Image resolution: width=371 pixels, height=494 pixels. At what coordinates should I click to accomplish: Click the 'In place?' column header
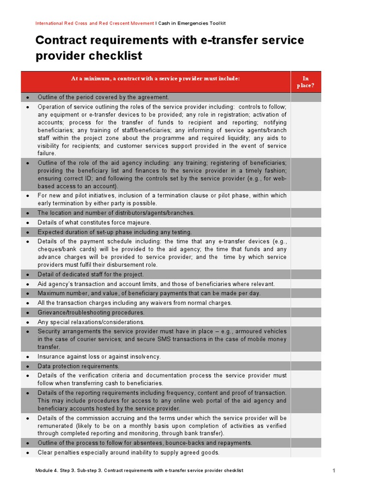305,82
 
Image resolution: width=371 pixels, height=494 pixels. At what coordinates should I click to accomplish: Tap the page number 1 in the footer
334,470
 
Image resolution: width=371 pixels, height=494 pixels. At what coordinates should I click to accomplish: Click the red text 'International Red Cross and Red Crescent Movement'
95,23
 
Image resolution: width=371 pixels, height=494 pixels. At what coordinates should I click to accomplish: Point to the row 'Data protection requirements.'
78,366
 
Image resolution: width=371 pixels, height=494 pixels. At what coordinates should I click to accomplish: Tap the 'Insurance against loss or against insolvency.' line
99,357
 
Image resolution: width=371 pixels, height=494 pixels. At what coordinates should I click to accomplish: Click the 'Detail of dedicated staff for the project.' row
91,274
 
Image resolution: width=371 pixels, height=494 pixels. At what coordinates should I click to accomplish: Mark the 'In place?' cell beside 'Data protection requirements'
305,366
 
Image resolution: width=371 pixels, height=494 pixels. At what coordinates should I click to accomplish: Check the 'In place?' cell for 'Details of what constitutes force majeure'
305,222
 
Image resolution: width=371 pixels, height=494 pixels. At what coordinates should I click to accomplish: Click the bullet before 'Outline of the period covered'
28,97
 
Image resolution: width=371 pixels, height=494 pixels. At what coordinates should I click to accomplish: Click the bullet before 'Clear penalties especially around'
28,453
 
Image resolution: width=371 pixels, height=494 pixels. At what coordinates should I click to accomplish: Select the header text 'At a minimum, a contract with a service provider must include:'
155,79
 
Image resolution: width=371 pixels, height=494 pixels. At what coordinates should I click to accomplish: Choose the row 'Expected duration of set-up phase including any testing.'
115,232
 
